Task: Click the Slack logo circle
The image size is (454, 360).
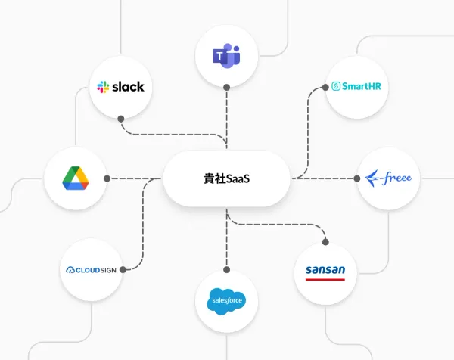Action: click(121, 87)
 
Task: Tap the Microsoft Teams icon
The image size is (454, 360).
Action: click(226, 54)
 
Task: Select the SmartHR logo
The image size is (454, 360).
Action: click(356, 87)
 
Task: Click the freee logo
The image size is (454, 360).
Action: click(389, 178)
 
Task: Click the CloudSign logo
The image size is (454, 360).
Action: click(90, 269)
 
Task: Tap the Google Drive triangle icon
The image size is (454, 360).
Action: click(76, 178)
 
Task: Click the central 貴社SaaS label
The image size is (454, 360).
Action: click(227, 179)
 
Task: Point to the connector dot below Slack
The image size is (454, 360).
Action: click(121, 119)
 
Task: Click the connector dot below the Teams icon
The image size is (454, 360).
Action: click(226, 88)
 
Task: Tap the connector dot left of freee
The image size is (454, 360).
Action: click(356, 179)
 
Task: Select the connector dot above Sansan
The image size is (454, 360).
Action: click(325, 241)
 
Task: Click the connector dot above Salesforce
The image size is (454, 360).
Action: click(226, 270)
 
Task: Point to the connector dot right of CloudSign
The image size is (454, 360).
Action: click(123, 269)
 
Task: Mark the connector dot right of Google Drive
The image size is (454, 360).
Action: click(108, 179)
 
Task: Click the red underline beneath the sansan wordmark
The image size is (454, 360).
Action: click(325, 279)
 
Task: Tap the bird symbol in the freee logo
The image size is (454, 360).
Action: click(373, 179)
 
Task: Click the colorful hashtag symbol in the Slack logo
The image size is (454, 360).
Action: click(104, 87)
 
